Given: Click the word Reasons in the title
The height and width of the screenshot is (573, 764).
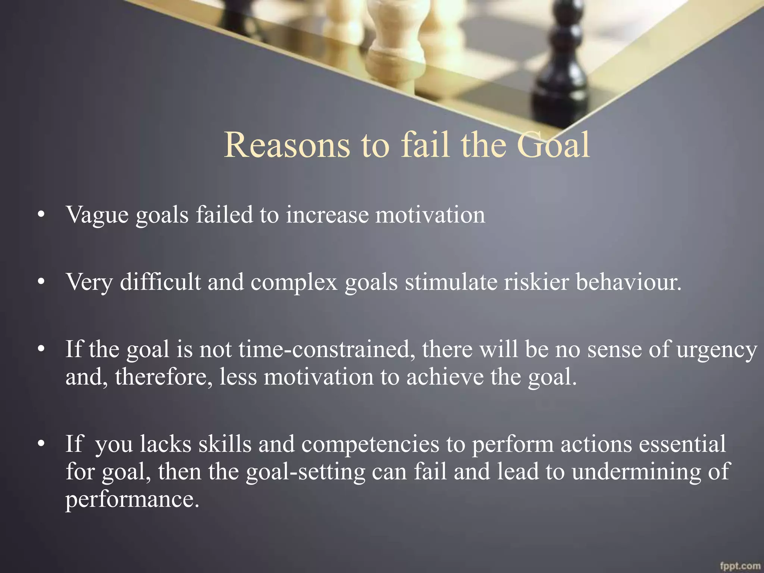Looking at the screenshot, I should tap(287, 145).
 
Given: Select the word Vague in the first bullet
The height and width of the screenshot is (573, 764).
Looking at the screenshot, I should tap(97, 216).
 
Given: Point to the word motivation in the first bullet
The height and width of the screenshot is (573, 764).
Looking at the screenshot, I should tap(430, 215).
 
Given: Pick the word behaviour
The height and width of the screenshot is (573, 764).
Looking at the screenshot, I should tap(629, 282).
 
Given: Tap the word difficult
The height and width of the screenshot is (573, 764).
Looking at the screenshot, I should tap(160, 282).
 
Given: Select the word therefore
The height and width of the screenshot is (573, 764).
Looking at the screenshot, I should tap(164, 377).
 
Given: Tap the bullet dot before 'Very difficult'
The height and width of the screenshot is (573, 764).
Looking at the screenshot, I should tap(41, 282).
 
